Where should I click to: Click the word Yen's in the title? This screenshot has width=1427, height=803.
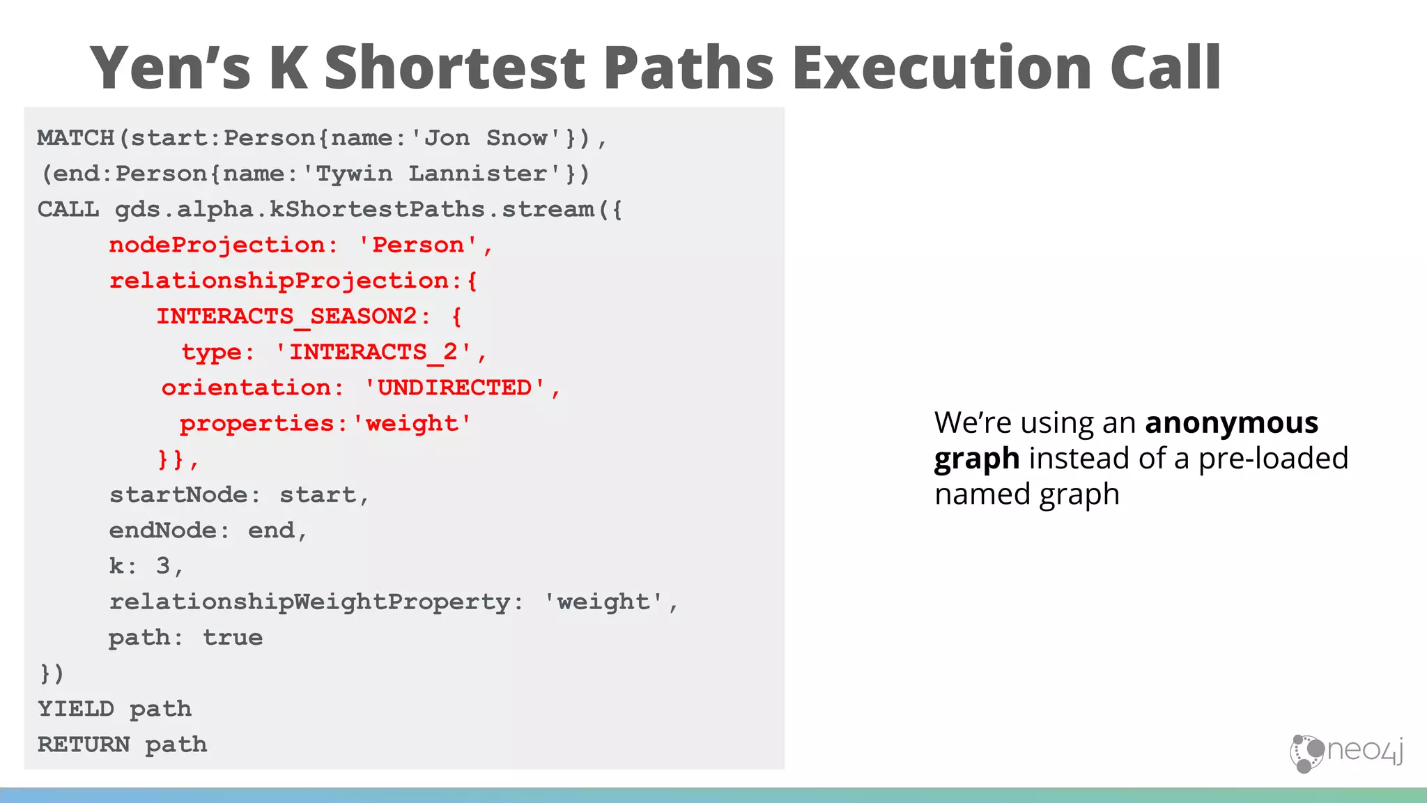pyautogui.click(x=170, y=68)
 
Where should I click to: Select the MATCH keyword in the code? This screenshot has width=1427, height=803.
pyautogui.click(x=75, y=138)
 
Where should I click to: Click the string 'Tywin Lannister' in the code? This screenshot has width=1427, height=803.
pyautogui.click(x=431, y=174)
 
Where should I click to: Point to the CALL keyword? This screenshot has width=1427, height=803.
pyautogui.click(x=68, y=209)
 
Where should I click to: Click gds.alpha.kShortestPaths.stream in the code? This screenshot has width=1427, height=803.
pyautogui.click(x=354, y=209)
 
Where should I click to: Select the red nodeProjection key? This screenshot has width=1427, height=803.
pyautogui.click(x=217, y=245)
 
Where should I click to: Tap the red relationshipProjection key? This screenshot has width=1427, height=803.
pyautogui.click(x=279, y=280)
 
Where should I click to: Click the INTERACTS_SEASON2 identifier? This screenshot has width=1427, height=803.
pyautogui.click(x=286, y=316)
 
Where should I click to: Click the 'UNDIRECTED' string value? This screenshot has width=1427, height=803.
pyautogui.click(x=455, y=388)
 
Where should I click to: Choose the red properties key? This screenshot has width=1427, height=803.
pyautogui.click(x=257, y=423)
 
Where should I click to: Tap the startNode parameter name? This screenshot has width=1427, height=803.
pyautogui.click(x=178, y=495)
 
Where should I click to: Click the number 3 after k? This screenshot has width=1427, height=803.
pyautogui.click(x=163, y=566)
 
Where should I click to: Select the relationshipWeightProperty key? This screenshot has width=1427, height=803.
pyautogui.click(x=309, y=602)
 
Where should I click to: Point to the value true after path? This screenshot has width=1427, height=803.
pyautogui.click(x=233, y=637)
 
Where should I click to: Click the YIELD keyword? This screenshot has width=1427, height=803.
pyautogui.click(x=75, y=709)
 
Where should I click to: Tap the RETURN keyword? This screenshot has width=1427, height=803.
pyautogui.click(x=84, y=744)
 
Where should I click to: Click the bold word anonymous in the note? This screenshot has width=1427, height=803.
pyautogui.click(x=1231, y=423)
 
